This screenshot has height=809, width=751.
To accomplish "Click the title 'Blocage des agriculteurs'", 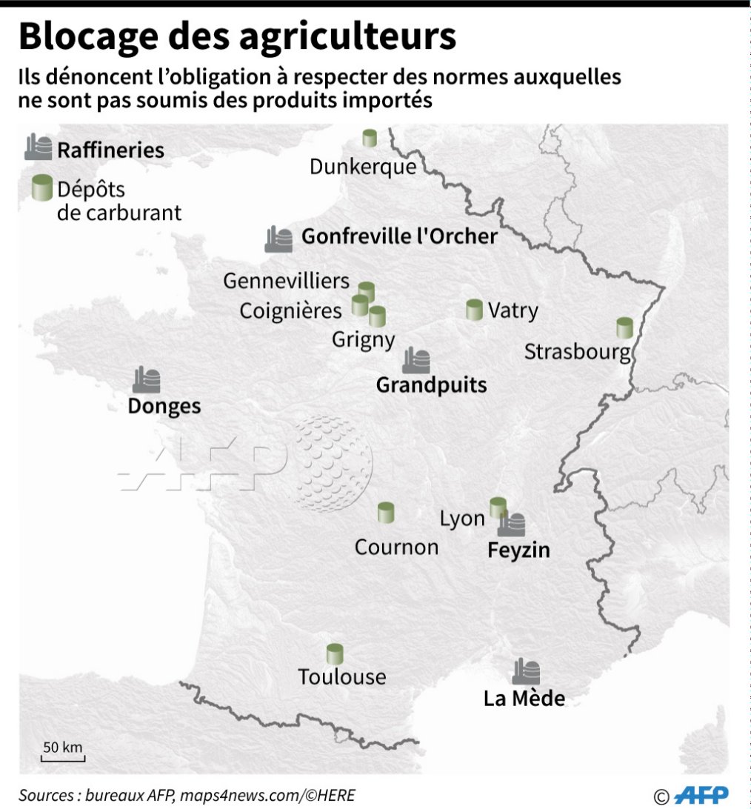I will click(x=237, y=37).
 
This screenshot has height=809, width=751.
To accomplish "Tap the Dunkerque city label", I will click(x=363, y=167).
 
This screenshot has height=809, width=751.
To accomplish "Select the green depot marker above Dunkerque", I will click(x=370, y=138).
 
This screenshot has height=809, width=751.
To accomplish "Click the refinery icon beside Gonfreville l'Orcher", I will click(x=279, y=239).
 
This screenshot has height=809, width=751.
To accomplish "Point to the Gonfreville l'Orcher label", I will click(x=399, y=236).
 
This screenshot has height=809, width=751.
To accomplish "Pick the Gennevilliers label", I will click(x=287, y=282).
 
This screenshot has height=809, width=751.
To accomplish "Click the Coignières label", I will click(x=290, y=310).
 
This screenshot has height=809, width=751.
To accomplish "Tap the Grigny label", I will click(x=363, y=339).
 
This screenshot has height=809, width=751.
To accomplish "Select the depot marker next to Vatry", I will click(x=475, y=310).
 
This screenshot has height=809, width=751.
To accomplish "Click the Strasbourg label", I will click(x=577, y=351).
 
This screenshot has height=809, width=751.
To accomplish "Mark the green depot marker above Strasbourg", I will click(x=625, y=327).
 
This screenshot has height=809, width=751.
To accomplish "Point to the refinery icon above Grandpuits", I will click(x=416, y=361).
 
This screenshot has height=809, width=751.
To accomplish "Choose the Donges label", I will click(x=164, y=406).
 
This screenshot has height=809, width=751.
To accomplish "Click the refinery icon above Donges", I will click(x=147, y=379).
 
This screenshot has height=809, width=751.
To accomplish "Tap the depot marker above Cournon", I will click(x=385, y=512).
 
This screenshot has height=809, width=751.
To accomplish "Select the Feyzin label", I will click(x=518, y=550).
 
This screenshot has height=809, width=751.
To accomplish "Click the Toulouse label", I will click(x=342, y=676).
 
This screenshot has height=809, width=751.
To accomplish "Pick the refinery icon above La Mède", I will click(x=526, y=671).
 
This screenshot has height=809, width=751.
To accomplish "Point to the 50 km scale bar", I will click(x=63, y=758).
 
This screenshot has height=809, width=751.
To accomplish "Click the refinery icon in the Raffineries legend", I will click(x=39, y=147).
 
